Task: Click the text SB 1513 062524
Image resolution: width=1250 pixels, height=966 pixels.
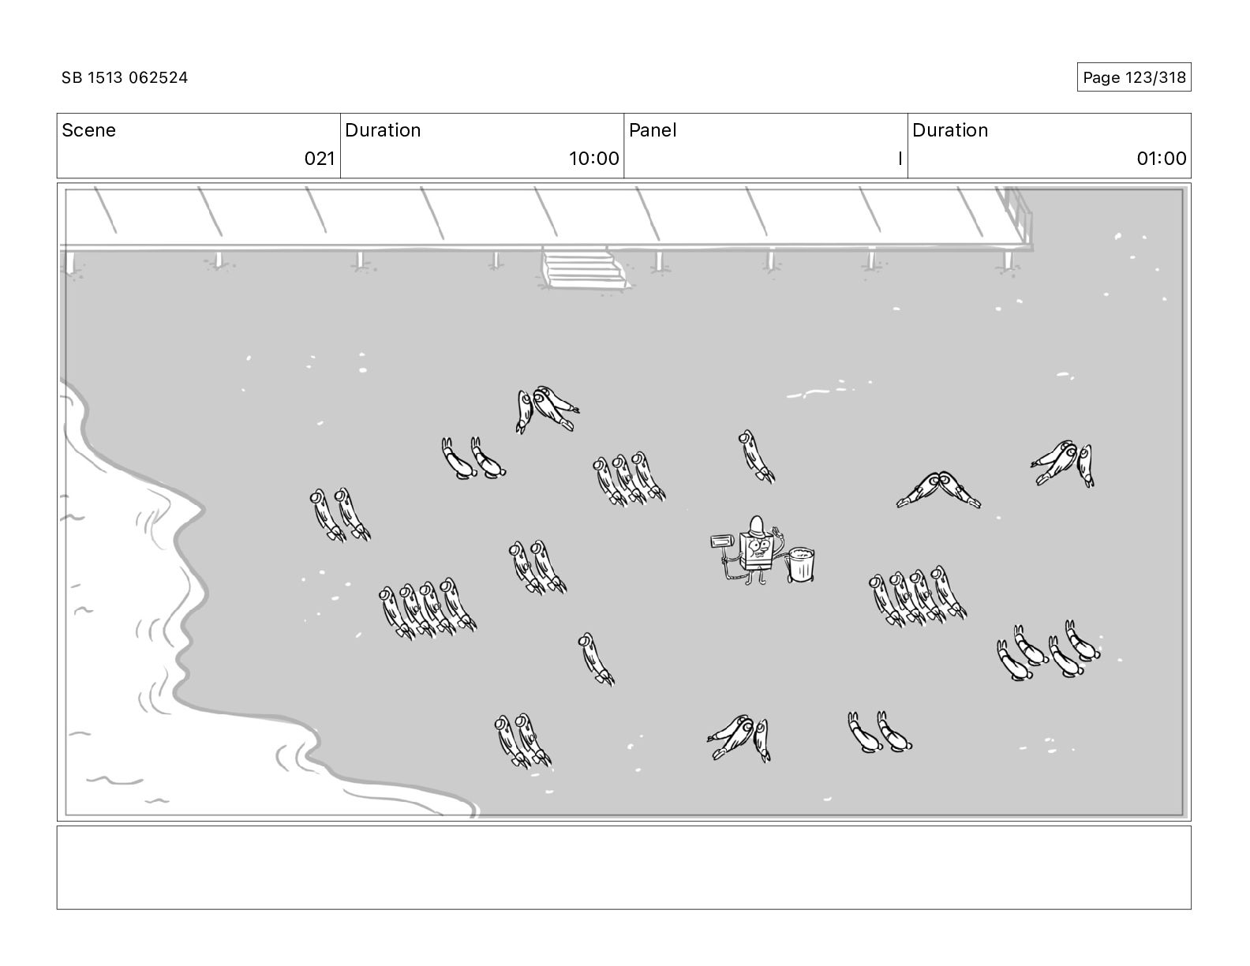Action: click(x=125, y=77)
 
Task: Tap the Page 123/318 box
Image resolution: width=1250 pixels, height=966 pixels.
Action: click(x=1134, y=77)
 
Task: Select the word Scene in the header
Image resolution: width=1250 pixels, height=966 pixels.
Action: click(x=88, y=130)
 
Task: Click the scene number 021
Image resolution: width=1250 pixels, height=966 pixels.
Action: click(x=320, y=158)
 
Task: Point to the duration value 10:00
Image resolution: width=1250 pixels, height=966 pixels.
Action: click(x=593, y=158)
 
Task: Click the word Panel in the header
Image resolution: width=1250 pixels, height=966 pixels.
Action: click(x=653, y=130)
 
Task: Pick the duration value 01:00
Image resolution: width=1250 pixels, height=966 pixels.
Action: click(x=1162, y=158)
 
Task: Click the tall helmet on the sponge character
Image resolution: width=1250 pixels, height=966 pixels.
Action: click(x=757, y=526)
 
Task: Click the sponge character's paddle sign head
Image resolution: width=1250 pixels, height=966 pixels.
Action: click(x=722, y=541)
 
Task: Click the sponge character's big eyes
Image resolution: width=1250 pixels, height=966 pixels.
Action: click(x=758, y=545)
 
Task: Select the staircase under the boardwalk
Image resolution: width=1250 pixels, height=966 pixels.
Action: click(x=585, y=268)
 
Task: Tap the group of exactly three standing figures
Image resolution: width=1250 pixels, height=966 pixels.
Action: click(x=629, y=479)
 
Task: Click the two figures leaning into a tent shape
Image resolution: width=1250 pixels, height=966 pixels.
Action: click(x=938, y=490)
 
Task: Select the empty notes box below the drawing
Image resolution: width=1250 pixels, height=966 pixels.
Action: click(x=623, y=867)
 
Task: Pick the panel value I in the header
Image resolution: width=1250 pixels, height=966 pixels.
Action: click(x=900, y=158)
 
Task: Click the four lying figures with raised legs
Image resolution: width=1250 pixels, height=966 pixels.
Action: click(x=1049, y=651)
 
